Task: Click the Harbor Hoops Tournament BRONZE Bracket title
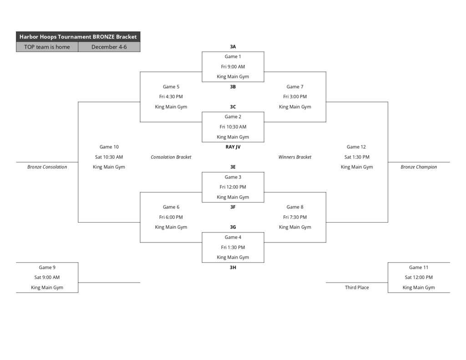[x=78, y=37]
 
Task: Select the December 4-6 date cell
[x=109, y=47]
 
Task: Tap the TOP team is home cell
[x=47, y=47]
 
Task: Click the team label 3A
[x=233, y=46]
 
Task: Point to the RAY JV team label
[x=233, y=147]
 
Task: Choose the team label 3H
[x=233, y=268]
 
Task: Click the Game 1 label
[x=233, y=56]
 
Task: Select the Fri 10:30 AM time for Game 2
[x=233, y=127]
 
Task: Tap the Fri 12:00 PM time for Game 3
[x=233, y=187]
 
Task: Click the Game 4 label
[x=233, y=237]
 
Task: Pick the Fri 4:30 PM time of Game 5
[x=171, y=96]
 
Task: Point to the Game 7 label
[x=294, y=86]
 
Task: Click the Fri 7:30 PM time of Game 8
[x=294, y=217]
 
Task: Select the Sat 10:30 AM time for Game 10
[x=109, y=157]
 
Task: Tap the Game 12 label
[x=356, y=147]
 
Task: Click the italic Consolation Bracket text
[x=171, y=157]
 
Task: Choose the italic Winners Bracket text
[x=294, y=157]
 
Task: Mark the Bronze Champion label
[x=418, y=167]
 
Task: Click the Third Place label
[x=356, y=288]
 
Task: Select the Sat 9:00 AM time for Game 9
[x=47, y=277]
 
